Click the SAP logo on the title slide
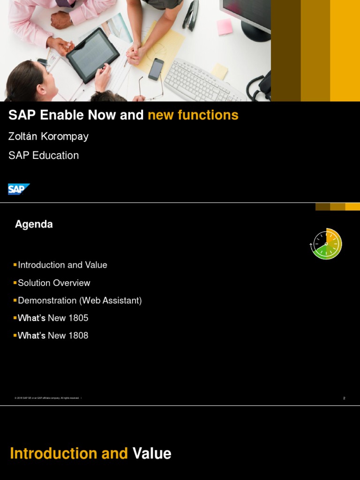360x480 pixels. tap(19, 189)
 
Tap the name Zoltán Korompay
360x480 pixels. tap(48, 136)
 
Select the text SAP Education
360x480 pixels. tap(44, 156)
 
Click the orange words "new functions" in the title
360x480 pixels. tap(193, 115)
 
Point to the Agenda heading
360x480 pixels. tap(34, 225)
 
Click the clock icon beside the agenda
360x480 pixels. tap(326, 244)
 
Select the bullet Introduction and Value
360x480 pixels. tap(62, 265)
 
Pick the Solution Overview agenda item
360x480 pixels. tap(54, 283)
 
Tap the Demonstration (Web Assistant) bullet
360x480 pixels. tap(80, 300)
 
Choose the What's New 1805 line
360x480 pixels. tap(53, 318)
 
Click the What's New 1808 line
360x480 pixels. tap(53, 336)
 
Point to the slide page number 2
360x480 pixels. tap(344, 398)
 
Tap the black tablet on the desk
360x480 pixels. tap(92, 54)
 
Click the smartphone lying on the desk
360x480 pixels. tap(156, 69)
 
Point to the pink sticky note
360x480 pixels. tap(225, 26)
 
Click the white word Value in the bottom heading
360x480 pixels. tap(152, 454)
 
